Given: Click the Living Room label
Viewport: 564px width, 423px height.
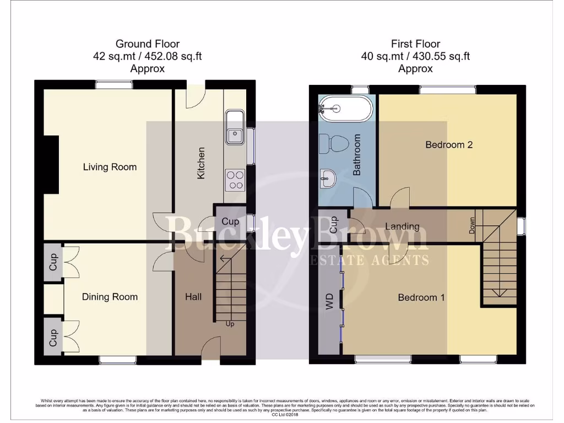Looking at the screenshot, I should pos(110,167).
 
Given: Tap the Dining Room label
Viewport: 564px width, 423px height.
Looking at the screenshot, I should pos(110,297).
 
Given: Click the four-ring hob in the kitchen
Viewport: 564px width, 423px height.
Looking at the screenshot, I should pos(235,179).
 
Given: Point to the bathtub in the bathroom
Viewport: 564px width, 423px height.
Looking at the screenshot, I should pos(345,107).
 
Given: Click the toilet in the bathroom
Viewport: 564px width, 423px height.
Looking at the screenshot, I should pos(336,144).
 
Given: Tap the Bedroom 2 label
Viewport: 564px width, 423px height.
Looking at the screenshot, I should pos(449,145).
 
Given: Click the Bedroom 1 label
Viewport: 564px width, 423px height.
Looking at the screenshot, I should pos(421,297).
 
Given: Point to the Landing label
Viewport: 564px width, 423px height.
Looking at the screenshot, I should pos(402,226).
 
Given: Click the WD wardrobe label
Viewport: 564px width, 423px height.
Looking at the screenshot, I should pos(330,301).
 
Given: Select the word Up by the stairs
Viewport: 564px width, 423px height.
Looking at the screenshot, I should pos(230,324).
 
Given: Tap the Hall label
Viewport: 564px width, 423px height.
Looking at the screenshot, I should pos(193,297).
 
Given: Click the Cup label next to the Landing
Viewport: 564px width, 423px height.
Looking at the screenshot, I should pos(333,225).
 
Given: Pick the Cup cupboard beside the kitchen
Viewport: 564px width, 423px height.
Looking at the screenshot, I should pos(230,221).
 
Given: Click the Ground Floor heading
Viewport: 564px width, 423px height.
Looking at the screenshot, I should pos(147,44).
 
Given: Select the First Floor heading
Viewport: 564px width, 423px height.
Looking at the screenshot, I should pos(415,44).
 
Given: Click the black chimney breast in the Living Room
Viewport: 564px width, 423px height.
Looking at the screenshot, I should pos(51,165).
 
